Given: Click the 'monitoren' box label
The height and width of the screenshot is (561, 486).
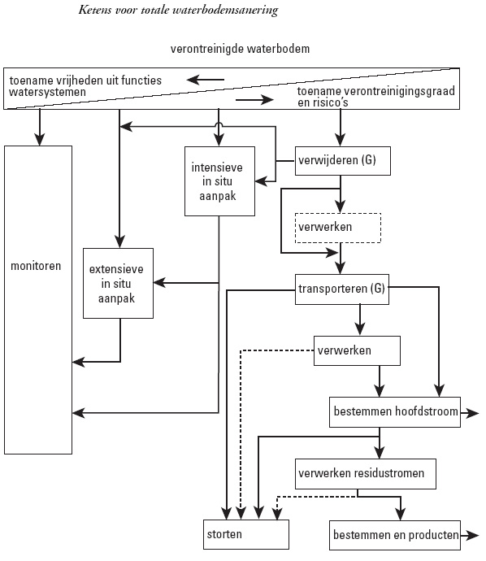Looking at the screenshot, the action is (x=36, y=266).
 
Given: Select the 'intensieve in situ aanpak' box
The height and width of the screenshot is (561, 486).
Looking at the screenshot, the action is (x=219, y=181).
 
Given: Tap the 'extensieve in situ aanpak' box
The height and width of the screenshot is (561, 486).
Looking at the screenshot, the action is (x=118, y=283).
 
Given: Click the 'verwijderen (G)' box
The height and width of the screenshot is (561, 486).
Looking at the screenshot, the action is (x=343, y=161).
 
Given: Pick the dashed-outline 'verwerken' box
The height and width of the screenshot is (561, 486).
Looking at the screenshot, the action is (x=338, y=228).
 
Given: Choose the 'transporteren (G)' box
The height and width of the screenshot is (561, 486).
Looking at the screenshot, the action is (x=342, y=289).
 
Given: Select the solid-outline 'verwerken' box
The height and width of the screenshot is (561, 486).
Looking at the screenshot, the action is (x=357, y=350).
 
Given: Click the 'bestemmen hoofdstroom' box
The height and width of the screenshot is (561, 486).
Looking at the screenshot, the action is (x=395, y=411).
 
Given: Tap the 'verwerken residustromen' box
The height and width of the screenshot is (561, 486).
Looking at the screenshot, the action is (x=366, y=474).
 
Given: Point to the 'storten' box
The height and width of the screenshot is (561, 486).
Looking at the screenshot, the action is (x=246, y=534).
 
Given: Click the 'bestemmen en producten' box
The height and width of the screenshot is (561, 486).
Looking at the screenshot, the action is (x=395, y=535).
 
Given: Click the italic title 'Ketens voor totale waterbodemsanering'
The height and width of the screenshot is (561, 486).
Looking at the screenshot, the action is (x=178, y=10).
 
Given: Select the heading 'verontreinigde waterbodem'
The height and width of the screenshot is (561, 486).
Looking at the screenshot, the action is (x=240, y=49).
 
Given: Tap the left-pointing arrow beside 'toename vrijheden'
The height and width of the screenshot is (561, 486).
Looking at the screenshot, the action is (x=206, y=80).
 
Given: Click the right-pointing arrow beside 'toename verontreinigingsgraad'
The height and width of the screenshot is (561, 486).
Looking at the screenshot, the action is (x=254, y=99).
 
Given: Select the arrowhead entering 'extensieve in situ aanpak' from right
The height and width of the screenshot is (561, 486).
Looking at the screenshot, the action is (x=159, y=283).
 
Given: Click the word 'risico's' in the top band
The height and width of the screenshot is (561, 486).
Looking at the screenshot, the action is (x=328, y=102).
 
